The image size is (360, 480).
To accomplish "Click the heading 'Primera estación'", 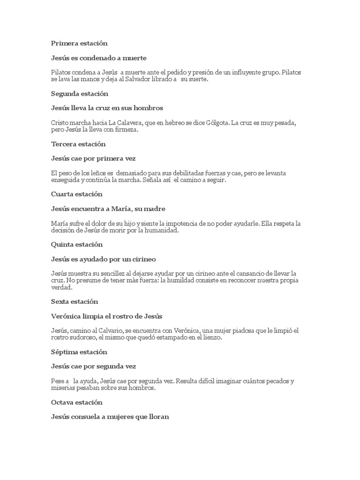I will (x=79, y=43).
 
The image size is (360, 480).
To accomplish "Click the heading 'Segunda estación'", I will (x=79, y=94).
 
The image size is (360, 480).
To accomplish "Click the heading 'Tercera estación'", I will (x=78, y=144).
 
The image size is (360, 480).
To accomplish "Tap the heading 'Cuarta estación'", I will (x=77, y=194).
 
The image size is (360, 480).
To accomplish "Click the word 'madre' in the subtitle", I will (x=155, y=209).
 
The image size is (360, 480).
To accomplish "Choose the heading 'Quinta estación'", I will (x=77, y=245).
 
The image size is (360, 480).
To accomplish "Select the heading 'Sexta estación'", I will (x=74, y=301).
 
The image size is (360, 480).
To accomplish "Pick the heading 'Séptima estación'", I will (x=79, y=352).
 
